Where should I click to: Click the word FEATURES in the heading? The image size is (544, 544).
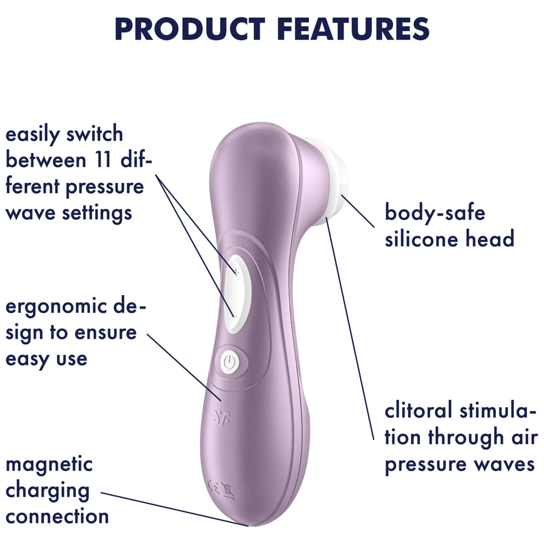[x=355, y=29]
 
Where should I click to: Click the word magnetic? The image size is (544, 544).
[x=49, y=466]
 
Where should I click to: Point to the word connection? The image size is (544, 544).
[x=57, y=517]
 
